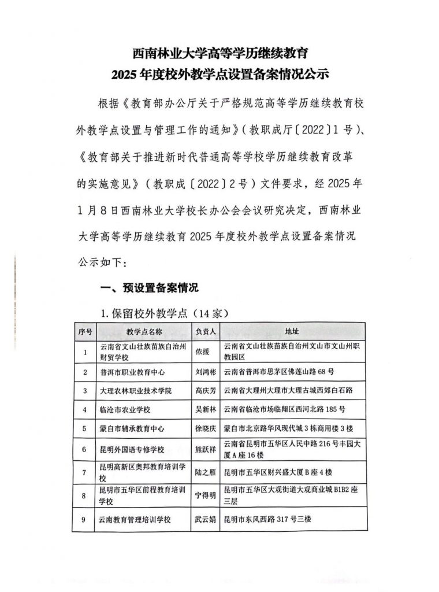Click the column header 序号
click(x=85, y=332)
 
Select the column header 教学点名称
click(x=144, y=332)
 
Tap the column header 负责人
click(x=206, y=332)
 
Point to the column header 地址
click(x=292, y=332)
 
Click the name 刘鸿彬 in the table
click(x=206, y=371)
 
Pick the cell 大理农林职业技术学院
click(x=136, y=390)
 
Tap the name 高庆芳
click(x=206, y=390)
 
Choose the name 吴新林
click(x=206, y=409)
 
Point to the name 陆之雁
click(x=206, y=472)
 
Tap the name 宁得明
click(x=206, y=495)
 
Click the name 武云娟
click(x=206, y=519)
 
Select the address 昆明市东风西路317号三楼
click(x=271, y=519)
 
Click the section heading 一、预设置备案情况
click(x=150, y=287)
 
